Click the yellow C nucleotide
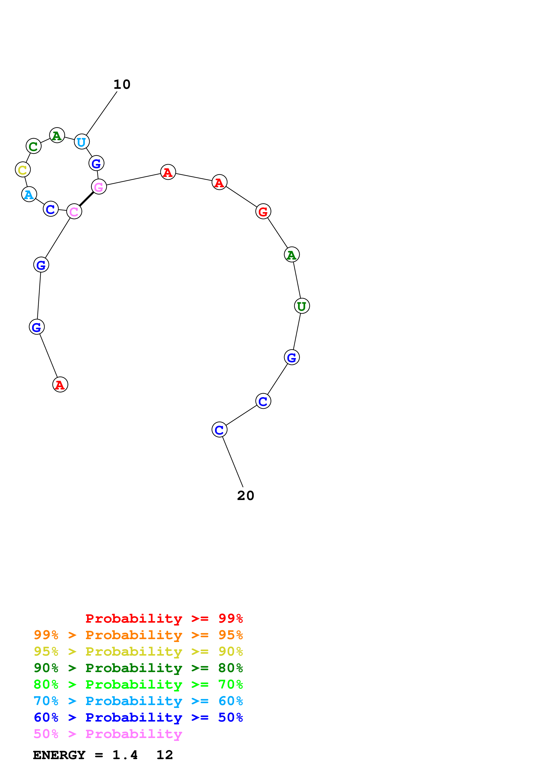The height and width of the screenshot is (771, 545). [x=23, y=170]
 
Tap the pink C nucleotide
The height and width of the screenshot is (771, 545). [x=74, y=212]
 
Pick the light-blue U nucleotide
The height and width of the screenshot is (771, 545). [x=82, y=142]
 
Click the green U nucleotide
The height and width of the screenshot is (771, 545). [x=302, y=306]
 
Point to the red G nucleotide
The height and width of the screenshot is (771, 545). [x=263, y=212]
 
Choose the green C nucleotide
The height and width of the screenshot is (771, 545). [x=34, y=146]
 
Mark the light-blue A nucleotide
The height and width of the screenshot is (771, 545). [x=29, y=195]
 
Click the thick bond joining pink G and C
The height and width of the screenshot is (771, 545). [x=87, y=199]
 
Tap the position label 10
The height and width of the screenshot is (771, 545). [x=122, y=84]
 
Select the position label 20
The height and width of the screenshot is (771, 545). [x=246, y=496]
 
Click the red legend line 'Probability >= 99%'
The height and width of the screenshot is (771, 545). [x=164, y=618]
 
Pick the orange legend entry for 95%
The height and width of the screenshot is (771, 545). [x=138, y=635]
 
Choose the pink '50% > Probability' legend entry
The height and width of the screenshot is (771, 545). [x=108, y=734]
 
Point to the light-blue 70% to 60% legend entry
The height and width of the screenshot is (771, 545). [x=138, y=701]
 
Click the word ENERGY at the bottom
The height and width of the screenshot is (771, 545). [x=59, y=755]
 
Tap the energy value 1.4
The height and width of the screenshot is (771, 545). [x=125, y=755]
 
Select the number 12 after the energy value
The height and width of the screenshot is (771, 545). [x=164, y=755]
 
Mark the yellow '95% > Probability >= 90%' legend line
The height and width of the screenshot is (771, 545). [x=138, y=651]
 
